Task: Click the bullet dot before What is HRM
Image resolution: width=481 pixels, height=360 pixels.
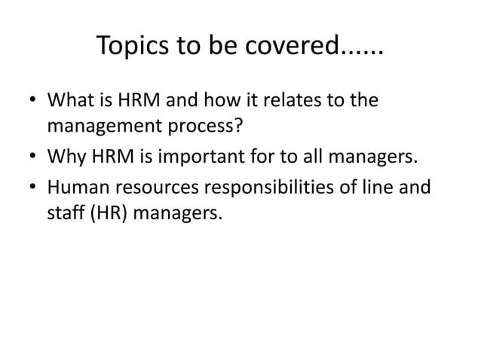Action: (32, 102)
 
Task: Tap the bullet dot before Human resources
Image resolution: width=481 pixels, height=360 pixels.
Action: (32, 186)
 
